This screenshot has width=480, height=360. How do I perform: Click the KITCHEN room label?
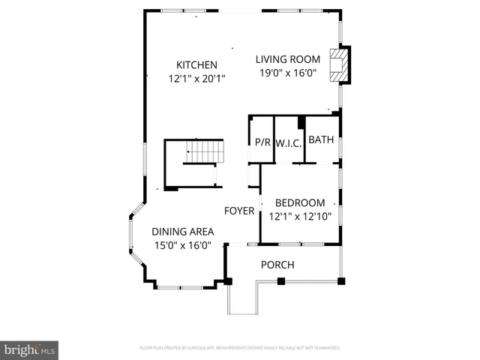tap(196, 64)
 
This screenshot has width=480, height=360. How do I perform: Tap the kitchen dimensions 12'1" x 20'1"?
tap(196, 77)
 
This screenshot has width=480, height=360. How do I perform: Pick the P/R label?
tap(262, 142)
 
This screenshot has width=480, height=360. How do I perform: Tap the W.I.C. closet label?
tap(288, 142)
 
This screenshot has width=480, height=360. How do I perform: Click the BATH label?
tap(321, 139)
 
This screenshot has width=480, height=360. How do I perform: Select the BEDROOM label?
tap(300, 202)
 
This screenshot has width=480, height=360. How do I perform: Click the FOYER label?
tap(239, 211)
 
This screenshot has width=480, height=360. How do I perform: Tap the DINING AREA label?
tap(183, 232)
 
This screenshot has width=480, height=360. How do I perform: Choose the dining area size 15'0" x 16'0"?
tap(183, 244)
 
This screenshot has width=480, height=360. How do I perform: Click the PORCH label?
tap(277, 265)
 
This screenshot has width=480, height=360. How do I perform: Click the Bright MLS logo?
tap(30, 349)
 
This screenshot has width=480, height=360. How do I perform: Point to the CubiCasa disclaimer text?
tap(240, 348)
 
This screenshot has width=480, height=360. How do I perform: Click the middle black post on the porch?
tap(281, 281)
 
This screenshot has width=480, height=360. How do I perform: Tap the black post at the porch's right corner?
tap(340, 281)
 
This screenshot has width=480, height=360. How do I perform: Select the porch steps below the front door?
tap(241, 299)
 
